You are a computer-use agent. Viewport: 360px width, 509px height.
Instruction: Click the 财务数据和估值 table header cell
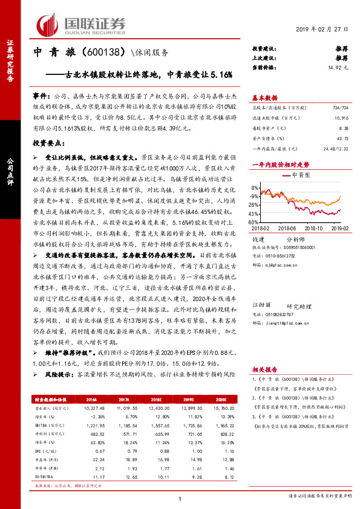pyautogui.click(x=53, y=400)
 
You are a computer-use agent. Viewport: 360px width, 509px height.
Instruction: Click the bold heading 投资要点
pyautogui.click(x=47, y=144)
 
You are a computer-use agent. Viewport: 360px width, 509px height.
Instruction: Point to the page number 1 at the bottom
pyautogui.click(x=180, y=498)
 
